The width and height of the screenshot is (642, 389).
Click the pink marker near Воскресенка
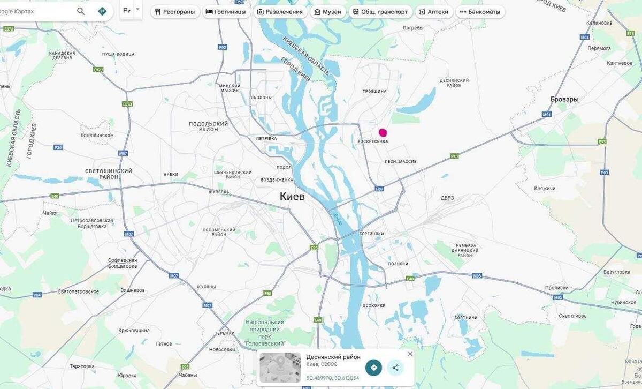(383, 132)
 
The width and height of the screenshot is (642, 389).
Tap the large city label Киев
(292, 197)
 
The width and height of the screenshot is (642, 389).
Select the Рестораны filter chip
(175, 12)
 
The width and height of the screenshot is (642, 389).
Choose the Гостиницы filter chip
(226, 12)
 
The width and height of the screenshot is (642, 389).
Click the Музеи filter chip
(327, 12)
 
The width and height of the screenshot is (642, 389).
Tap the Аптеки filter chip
(434, 12)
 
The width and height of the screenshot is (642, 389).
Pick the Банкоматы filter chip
(480, 12)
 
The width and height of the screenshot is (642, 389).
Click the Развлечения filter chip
(280, 12)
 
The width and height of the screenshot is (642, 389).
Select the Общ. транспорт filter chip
(380, 12)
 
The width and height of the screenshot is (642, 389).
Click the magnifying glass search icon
(81, 11)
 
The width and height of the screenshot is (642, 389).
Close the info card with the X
(410, 354)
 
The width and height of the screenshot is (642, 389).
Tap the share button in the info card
(395, 368)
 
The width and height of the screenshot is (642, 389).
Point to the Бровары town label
(564, 99)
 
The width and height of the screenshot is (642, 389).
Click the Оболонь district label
(261, 98)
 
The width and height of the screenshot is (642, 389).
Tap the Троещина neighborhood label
(374, 91)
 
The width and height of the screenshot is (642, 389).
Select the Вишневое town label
(133, 290)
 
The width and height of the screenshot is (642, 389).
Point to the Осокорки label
(374, 305)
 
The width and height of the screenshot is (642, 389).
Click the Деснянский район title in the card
(333, 357)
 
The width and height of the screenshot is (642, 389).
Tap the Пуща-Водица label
(119, 54)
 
